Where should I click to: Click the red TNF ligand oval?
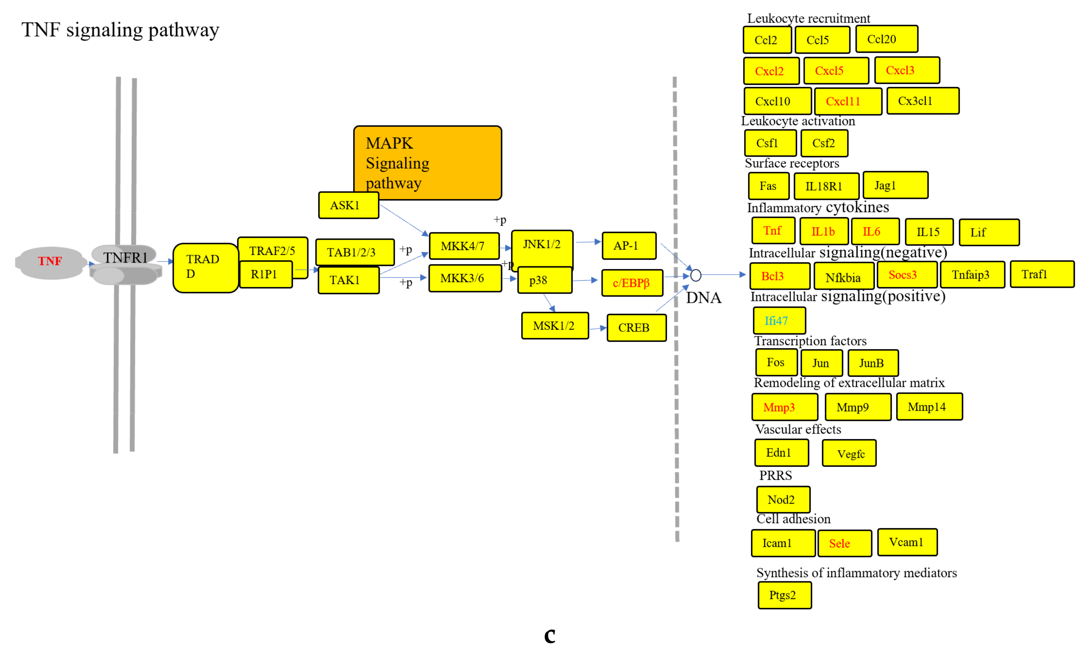point(50,262)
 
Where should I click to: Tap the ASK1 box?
point(348,205)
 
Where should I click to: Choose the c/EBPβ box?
point(632,283)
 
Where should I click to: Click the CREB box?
point(636,328)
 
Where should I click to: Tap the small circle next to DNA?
point(696,275)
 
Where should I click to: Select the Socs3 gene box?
point(907,275)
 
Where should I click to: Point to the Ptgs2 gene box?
point(785,595)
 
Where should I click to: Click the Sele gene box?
point(844,544)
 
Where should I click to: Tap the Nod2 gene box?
point(783,500)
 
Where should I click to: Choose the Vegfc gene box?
point(849,454)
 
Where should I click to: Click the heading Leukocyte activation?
point(798,121)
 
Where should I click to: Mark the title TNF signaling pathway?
point(120,30)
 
